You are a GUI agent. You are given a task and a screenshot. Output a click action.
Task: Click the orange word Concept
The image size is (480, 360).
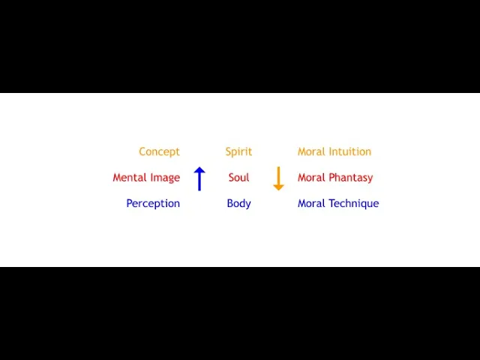[159, 151]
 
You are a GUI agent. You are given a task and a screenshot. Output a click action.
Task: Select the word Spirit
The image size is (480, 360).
[238, 151]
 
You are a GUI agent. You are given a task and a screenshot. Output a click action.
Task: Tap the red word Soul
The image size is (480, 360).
[238, 178]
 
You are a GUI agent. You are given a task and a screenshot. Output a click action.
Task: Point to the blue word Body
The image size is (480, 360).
[238, 204]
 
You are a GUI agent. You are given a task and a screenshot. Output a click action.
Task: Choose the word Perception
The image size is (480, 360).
[153, 204]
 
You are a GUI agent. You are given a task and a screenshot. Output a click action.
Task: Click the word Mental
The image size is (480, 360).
[128, 178]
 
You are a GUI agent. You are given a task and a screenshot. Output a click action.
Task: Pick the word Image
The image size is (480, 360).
[164, 178]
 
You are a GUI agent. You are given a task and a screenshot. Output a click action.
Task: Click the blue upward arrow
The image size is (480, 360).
[199, 178]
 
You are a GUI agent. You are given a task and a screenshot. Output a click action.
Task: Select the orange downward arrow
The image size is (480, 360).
[278, 178]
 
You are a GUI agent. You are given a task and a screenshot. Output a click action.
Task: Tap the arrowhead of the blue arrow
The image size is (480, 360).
[199, 170]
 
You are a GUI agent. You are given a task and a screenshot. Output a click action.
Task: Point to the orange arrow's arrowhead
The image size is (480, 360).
[278, 187]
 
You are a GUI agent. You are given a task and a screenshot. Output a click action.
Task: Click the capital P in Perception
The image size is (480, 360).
[130, 203]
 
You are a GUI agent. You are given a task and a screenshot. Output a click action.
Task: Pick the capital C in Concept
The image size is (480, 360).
[142, 151]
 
